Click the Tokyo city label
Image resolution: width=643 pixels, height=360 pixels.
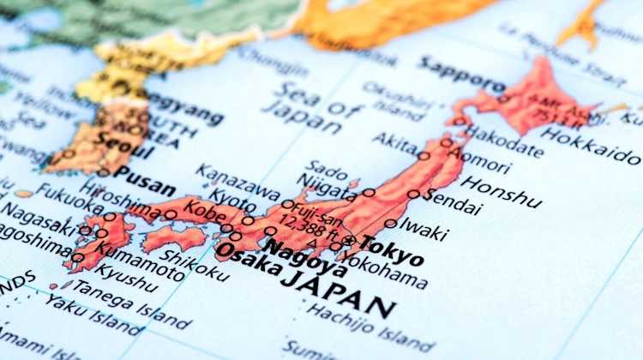tap(392, 249)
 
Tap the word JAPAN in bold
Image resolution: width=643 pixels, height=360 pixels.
tap(338, 292)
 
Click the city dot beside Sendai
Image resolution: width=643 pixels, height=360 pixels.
tap(414, 195)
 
